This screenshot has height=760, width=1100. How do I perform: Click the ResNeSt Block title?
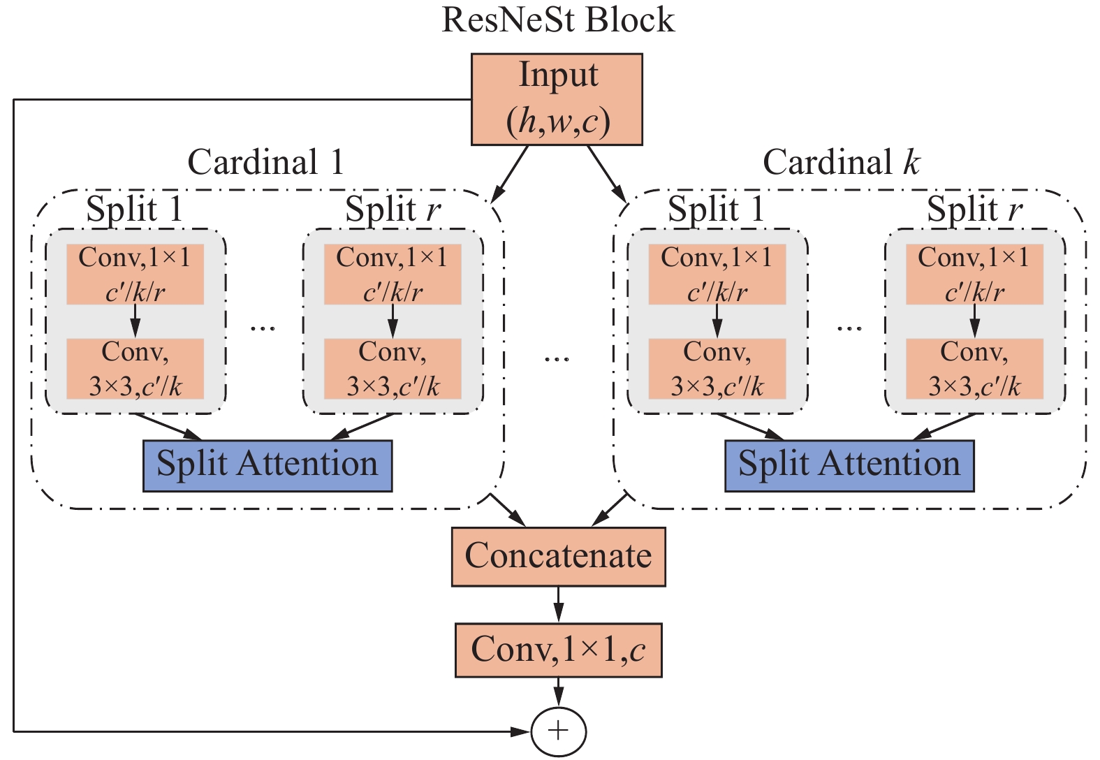558,20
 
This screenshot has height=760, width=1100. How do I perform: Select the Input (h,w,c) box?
557,99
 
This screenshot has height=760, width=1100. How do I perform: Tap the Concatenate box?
558,556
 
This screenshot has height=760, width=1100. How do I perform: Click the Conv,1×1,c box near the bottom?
558,650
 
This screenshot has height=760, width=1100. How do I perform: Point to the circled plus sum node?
558,731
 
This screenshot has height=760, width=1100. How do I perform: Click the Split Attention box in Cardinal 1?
267,465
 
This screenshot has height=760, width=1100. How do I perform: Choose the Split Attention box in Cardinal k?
849,465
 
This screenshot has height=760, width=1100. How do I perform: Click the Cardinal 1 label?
266,162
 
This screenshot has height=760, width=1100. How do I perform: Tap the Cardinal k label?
842,162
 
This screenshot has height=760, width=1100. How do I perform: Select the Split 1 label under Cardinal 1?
134,209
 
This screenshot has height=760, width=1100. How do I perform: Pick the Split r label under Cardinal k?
974,209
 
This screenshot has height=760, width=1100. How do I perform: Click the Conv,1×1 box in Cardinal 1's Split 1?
135,274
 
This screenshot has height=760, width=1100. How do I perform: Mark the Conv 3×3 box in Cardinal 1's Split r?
393,369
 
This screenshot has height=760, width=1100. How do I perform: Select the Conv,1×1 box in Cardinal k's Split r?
974,274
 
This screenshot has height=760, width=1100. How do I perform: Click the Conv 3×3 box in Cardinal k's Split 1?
717,369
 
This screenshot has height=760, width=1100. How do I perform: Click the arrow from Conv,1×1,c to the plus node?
558,693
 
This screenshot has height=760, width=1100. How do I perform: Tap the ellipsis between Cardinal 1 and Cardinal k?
557,359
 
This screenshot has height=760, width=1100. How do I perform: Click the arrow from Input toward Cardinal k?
606,173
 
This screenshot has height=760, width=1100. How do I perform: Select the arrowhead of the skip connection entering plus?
521,731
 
